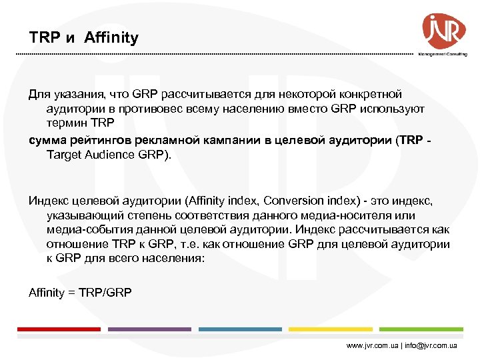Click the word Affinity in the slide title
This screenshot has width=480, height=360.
click(x=111, y=38)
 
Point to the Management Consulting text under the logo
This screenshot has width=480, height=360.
click(x=443, y=54)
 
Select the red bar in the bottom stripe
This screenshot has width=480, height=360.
click(x=58, y=329)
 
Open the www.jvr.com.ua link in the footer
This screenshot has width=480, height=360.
click(x=372, y=347)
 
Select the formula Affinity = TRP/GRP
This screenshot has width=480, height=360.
click(x=81, y=292)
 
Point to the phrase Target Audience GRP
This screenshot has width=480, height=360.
click(x=108, y=155)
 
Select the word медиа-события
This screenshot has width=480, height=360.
click(x=86, y=230)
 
